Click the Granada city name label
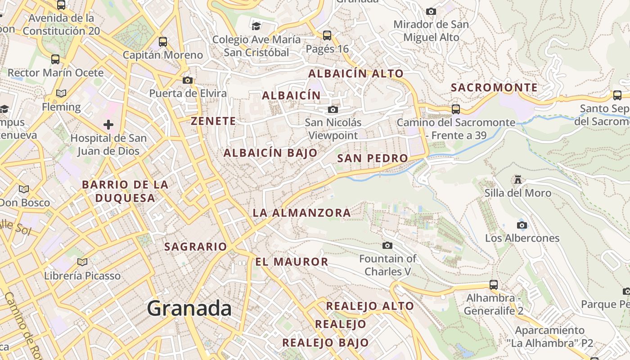click(x=189, y=308)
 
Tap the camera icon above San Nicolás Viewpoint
click(x=333, y=109)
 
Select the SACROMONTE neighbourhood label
click(x=494, y=87)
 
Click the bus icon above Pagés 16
click(x=327, y=35)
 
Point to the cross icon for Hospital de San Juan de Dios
click(x=108, y=124)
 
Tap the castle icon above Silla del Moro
click(x=518, y=180)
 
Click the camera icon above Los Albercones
click(x=522, y=225)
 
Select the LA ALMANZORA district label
click(x=301, y=213)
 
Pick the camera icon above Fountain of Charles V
click(x=387, y=245)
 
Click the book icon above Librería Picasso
click(x=82, y=262)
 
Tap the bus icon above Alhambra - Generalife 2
click(x=494, y=284)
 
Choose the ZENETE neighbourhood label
click(x=213, y=121)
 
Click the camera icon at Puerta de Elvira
click(x=188, y=80)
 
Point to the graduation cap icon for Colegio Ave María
click(x=256, y=26)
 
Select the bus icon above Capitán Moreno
click(x=163, y=42)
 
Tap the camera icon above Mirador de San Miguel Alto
click(x=431, y=11)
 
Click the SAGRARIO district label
click(x=196, y=247)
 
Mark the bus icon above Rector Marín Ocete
click(x=55, y=59)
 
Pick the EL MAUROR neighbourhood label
click(x=292, y=261)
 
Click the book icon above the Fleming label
click(x=61, y=93)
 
